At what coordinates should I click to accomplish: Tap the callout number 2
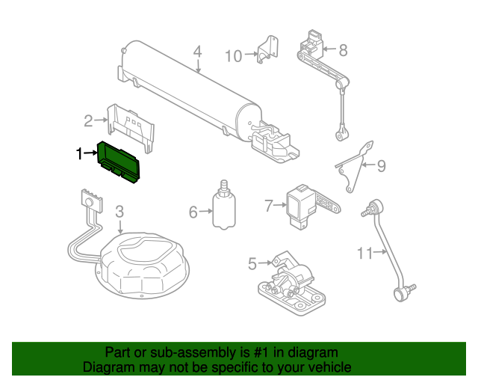click(x=88, y=120)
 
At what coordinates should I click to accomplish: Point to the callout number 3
click(x=119, y=213)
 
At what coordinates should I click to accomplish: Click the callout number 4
click(x=197, y=52)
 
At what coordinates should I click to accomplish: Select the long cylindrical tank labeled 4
click(x=187, y=93)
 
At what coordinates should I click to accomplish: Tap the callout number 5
click(x=252, y=263)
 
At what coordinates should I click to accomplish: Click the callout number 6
click(x=193, y=212)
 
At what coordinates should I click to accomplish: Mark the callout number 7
click(x=270, y=203)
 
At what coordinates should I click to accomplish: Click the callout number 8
click(x=343, y=50)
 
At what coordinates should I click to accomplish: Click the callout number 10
click(x=233, y=55)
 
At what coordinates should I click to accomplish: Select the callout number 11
click(x=364, y=254)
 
